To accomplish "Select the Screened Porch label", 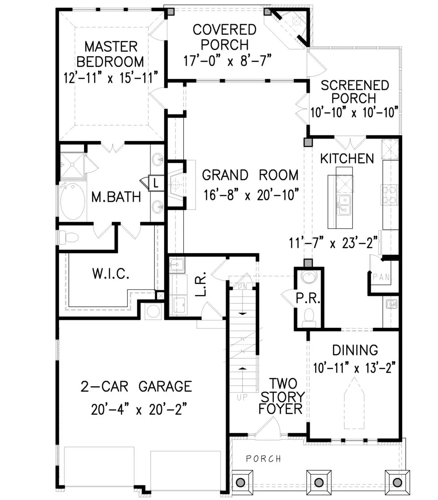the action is click(355, 92).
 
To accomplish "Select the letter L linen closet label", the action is click(156, 183).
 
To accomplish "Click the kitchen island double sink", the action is click(344, 205).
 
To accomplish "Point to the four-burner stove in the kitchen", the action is click(389, 195).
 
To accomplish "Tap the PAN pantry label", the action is click(382, 277).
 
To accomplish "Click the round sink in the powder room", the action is click(309, 276).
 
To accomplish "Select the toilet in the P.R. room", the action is click(309, 317).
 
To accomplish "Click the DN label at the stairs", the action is click(242, 286).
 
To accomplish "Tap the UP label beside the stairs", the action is click(242, 397).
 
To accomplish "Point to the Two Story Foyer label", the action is click(282, 396).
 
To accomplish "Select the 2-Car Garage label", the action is click(136, 386).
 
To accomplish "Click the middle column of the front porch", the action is click(319, 482).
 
